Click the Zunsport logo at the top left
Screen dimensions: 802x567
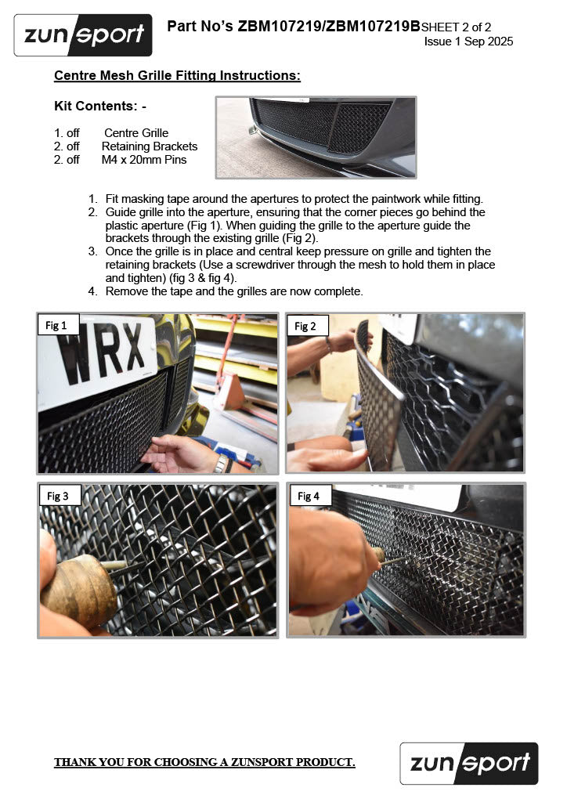pos(83,35)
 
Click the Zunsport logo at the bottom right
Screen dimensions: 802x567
pos(469,763)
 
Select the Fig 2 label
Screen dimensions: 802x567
pos(307,326)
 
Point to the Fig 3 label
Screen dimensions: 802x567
pos(59,496)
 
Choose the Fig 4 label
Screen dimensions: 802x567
pos(309,496)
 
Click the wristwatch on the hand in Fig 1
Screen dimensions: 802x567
pos(221,464)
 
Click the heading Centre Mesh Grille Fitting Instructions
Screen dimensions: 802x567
pos(177,76)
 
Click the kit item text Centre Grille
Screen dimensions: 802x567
pos(136,133)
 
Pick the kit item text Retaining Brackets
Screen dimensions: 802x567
pos(150,146)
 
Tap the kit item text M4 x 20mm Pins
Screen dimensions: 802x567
pos(144,160)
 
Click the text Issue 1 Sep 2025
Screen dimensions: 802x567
pos(468,42)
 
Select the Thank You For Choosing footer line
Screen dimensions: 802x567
pos(204,762)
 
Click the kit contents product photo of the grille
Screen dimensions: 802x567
pos(316,137)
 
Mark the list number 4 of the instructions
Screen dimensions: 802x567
pos(92,291)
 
